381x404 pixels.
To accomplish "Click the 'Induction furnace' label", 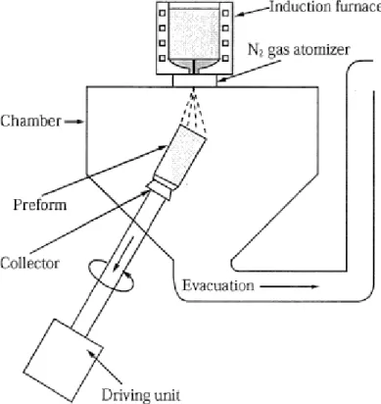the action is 325,7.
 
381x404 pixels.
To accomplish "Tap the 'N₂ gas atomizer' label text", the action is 299,50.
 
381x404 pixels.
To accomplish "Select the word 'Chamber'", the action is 30,122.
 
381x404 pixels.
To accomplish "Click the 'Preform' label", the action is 40,205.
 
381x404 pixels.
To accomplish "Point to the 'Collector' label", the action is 30,263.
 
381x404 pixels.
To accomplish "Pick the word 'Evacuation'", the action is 218,285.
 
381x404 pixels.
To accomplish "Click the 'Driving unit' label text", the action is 141,395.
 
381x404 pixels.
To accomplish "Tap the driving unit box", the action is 65,360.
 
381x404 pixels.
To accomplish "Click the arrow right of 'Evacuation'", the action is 290,286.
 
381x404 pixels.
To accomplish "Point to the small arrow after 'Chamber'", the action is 74,122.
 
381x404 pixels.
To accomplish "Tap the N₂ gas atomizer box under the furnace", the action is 194,80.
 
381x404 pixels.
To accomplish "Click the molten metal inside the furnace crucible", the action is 194,35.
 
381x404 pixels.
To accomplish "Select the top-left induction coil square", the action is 163,13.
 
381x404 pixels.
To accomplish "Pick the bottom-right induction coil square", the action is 225,58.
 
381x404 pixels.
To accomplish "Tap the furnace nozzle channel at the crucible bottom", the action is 194,68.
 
